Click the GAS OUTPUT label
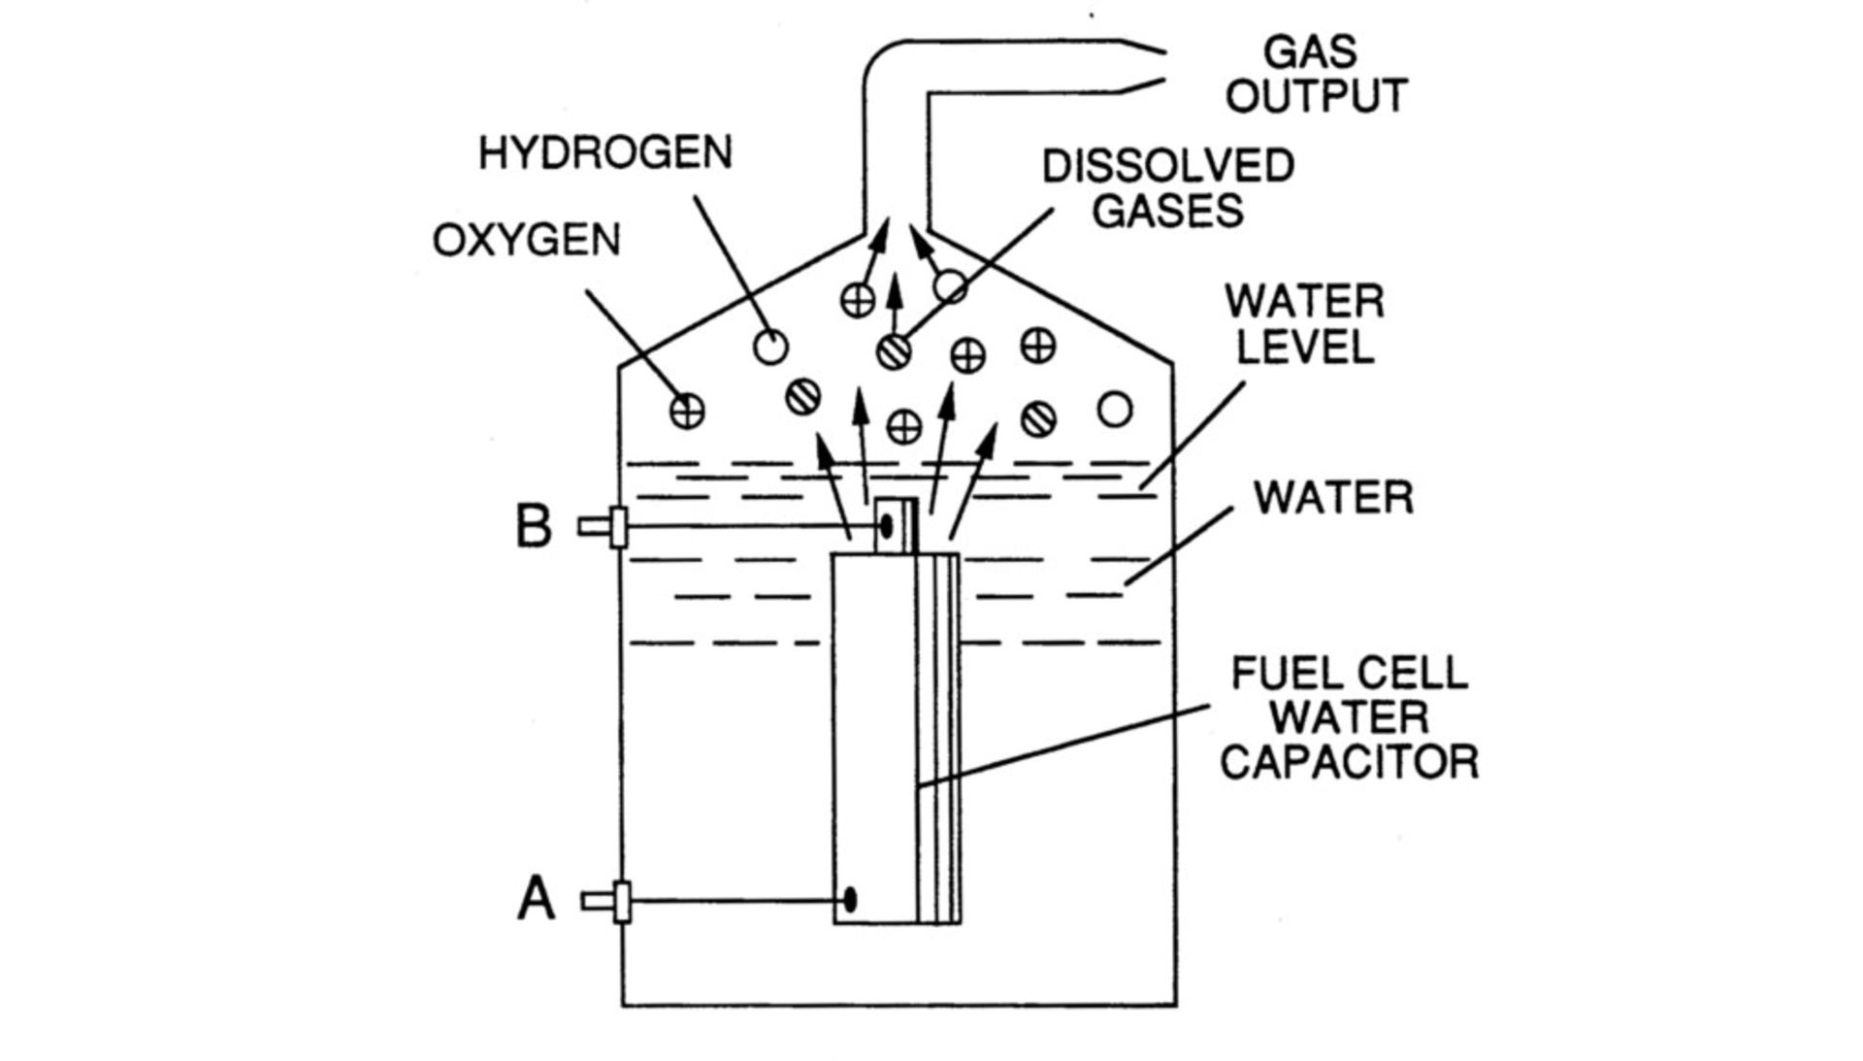pyautogui.click(x=1316, y=75)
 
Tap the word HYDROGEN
pyautogui.click(x=605, y=153)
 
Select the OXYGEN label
pyautogui.click(x=526, y=240)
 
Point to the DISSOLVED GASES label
pyautogui.click(x=1168, y=188)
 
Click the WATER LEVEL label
pyautogui.click(x=1304, y=324)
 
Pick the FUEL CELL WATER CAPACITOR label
pyautogui.click(x=1349, y=718)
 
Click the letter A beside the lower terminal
pyautogui.click(x=536, y=899)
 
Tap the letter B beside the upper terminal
pyautogui.click(x=534, y=527)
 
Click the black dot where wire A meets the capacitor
pyautogui.click(x=850, y=900)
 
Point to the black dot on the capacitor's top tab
pyautogui.click(x=886, y=526)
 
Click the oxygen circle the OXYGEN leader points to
pyautogui.click(x=687, y=411)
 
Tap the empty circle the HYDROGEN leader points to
pyautogui.click(x=770, y=347)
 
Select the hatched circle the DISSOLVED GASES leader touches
pyautogui.click(x=894, y=351)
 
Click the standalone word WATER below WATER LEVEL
pyautogui.click(x=1333, y=498)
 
